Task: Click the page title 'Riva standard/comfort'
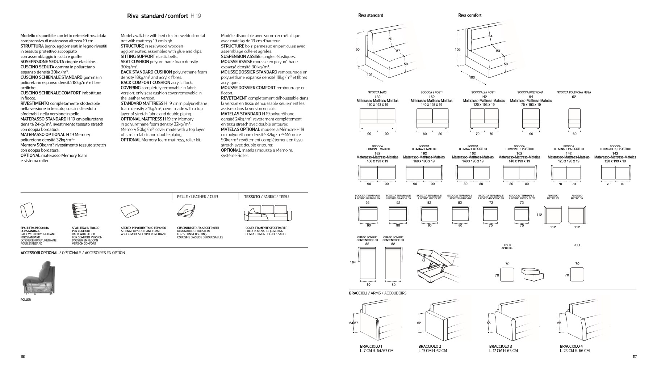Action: click(158, 16)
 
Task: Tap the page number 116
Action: click(22, 357)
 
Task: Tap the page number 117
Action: click(635, 357)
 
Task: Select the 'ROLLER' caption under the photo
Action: click(26, 300)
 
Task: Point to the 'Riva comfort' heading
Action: click(470, 15)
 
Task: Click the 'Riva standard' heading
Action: click(371, 15)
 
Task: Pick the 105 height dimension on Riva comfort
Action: click(457, 50)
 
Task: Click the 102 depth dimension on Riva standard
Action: click(369, 75)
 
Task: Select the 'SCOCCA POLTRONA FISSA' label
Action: click(574, 93)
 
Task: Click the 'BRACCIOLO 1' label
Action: click(371, 346)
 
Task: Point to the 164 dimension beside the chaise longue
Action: click(353, 262)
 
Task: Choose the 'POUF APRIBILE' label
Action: click(507, 246)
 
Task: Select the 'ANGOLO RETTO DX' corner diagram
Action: click(577, 215)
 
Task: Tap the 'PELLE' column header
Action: click(183, 197)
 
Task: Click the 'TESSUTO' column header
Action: click(252, 197)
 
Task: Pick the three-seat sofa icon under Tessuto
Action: click(267, 213)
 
